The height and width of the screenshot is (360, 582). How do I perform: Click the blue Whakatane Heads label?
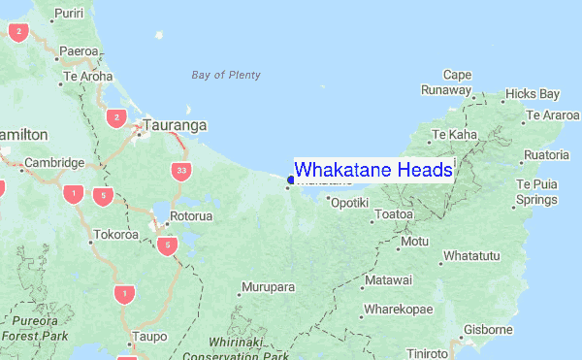coord(372,169)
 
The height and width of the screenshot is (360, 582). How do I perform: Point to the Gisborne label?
coord(487,330)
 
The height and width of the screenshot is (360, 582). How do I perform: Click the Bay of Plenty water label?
coord(226,75)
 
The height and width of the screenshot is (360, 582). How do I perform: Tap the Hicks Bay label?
coord(533,94)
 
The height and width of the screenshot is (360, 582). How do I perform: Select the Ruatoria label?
coord(545,155)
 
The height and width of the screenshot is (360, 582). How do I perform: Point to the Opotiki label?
coord(349,204)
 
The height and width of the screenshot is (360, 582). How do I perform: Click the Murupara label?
coord(268,288)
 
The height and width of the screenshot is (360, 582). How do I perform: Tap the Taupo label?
coord(148,337)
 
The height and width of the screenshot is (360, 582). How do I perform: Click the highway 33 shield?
coord(181,171)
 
